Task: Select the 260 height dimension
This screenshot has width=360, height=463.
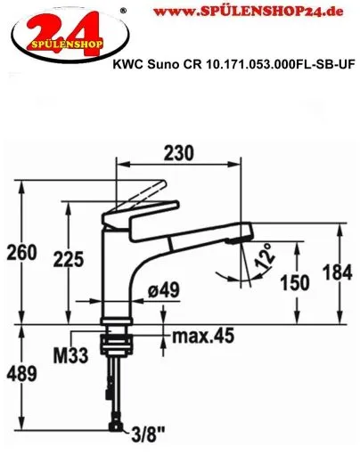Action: point(20,254)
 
